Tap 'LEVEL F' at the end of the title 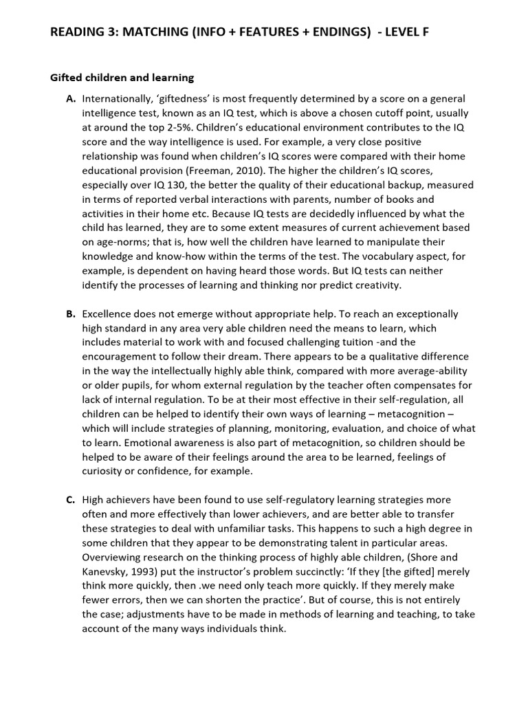(x=403, y=33)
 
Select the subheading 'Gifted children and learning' (x=122, y=78)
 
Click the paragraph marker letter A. (x=71, y=99)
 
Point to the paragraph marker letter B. (x=71, y=313)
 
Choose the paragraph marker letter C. (x=71, y=500)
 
